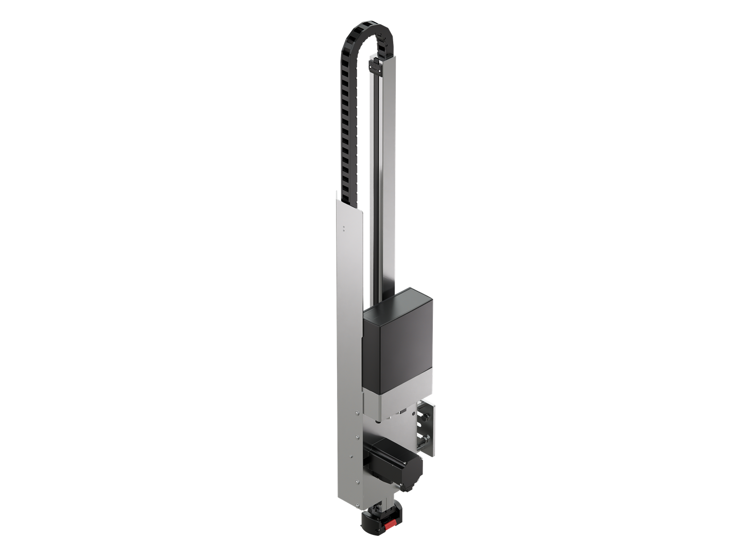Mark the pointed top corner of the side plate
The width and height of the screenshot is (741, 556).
[337, 193]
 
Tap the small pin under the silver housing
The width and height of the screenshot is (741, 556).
[379, 422]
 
